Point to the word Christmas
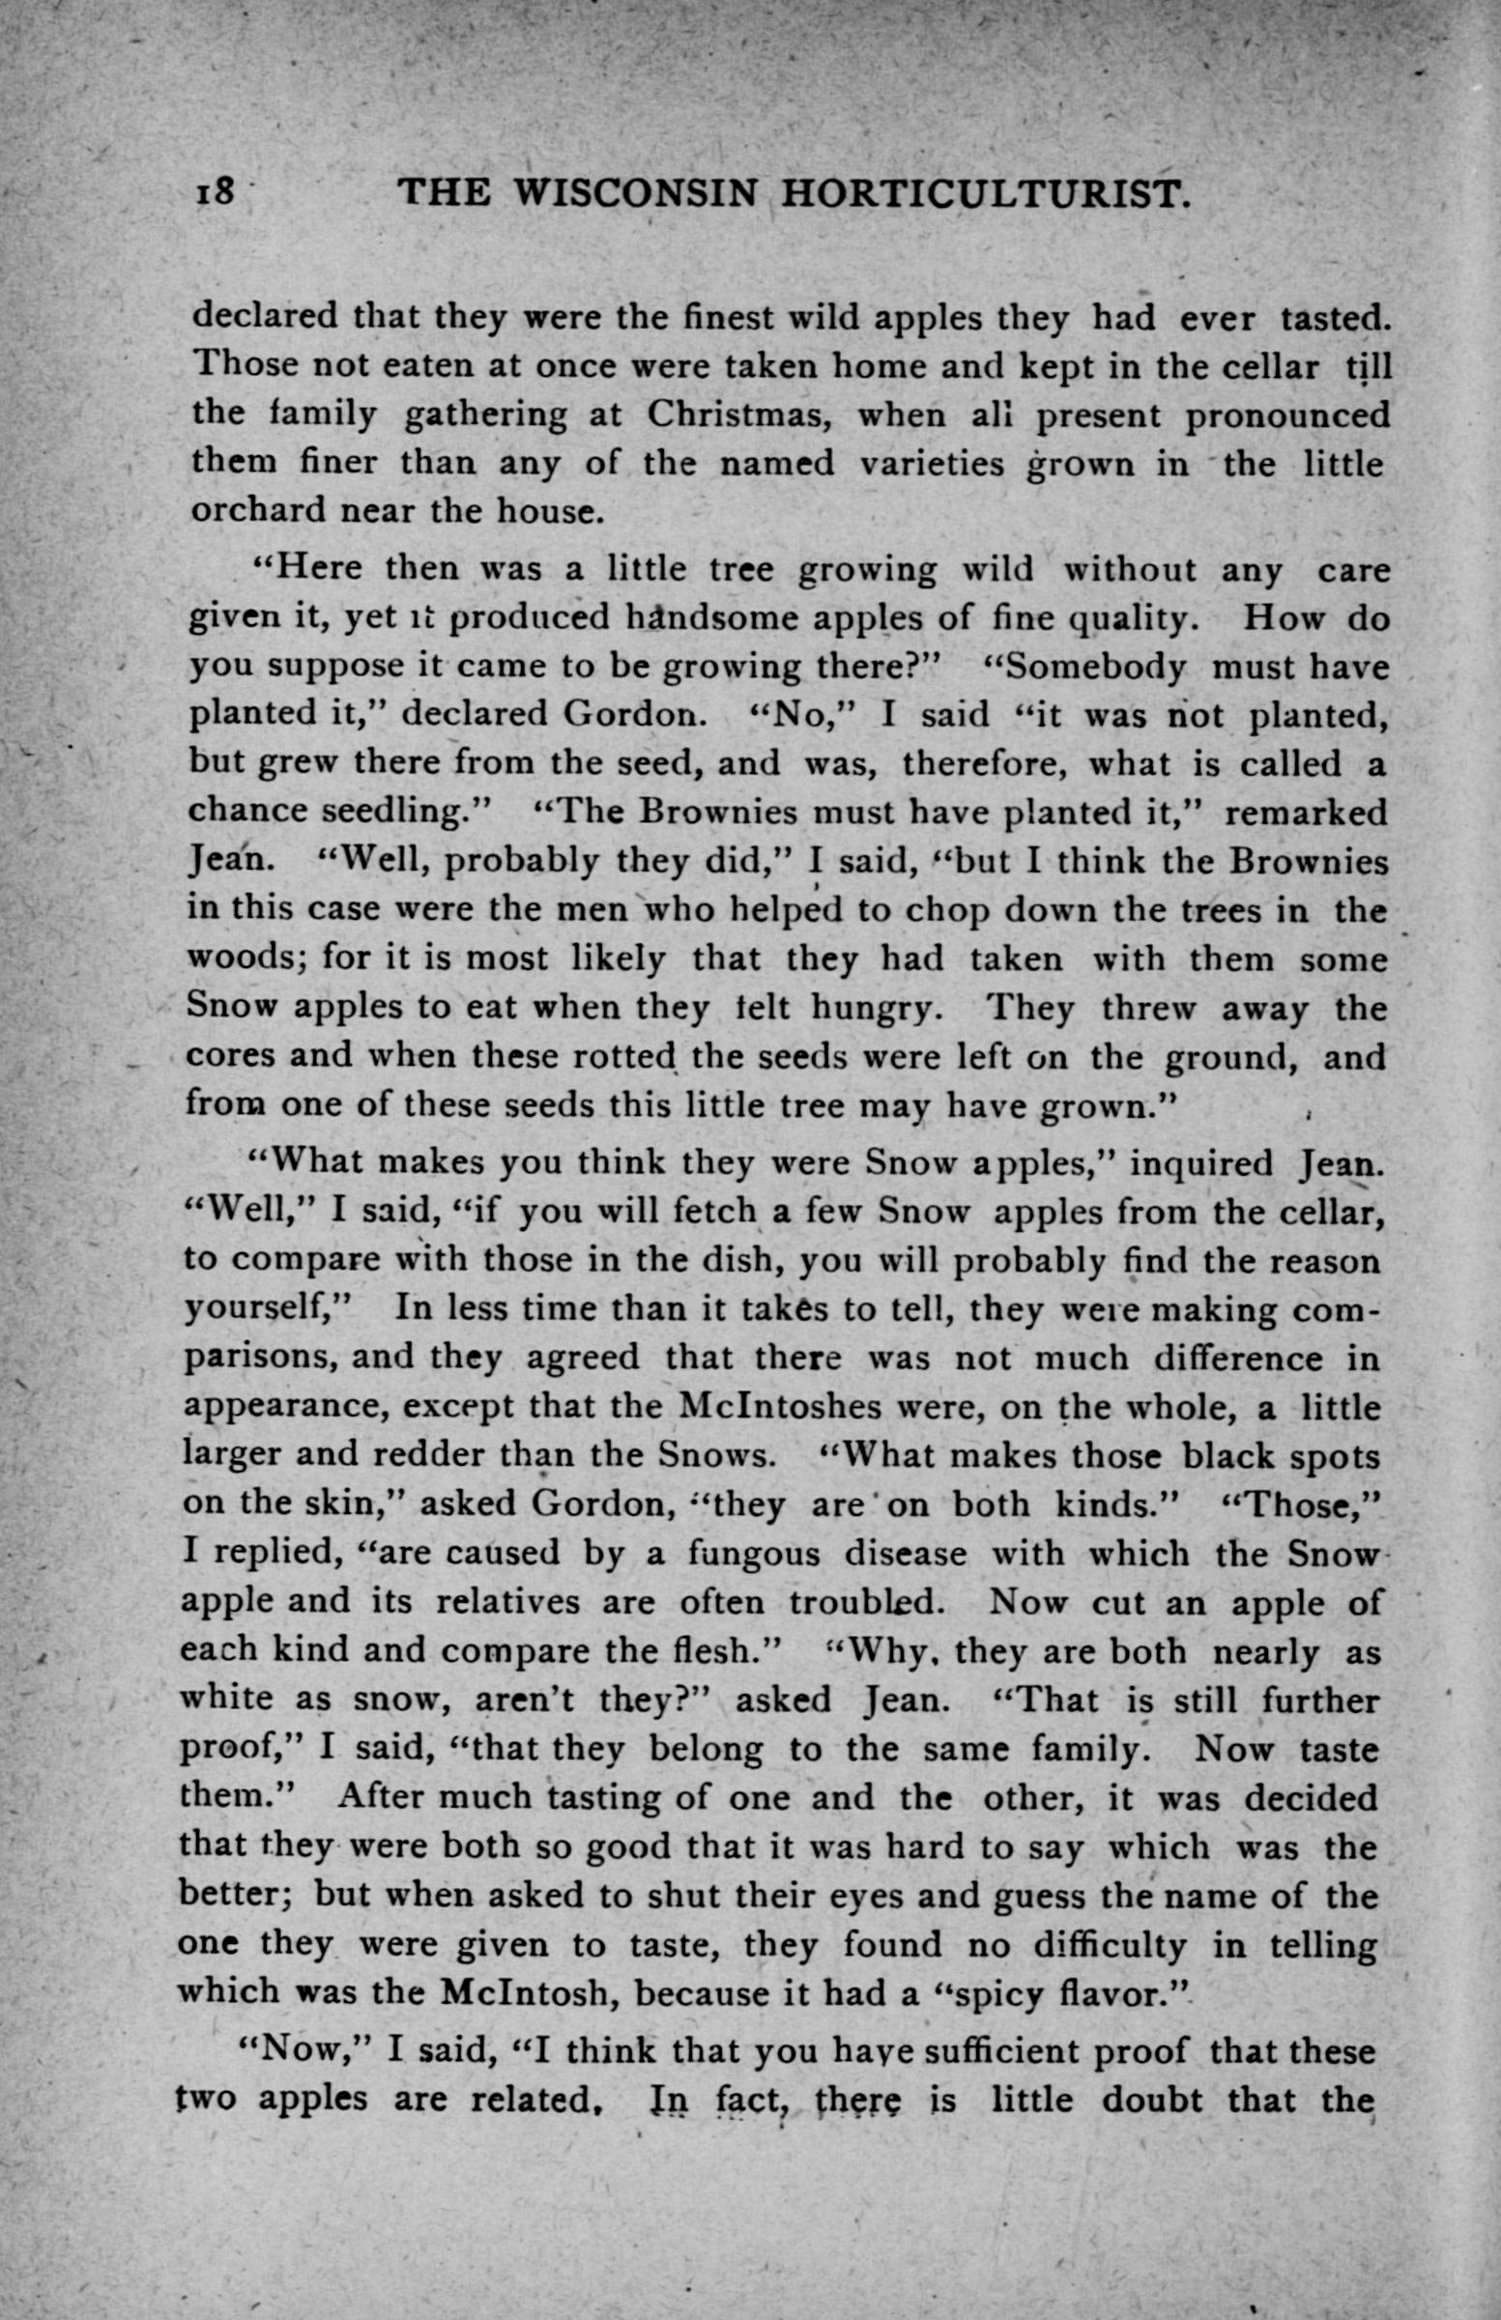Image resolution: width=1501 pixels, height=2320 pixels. pyautogui.click(x=738, y=415)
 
